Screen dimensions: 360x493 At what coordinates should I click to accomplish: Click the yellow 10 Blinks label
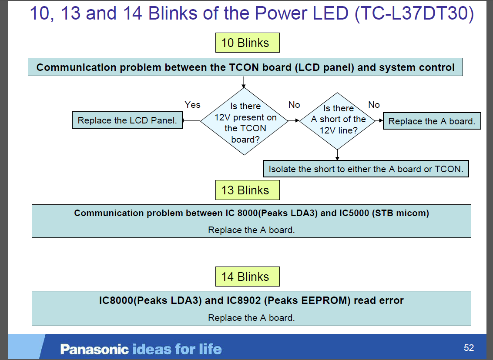pyautogui.click(x=247, y=43)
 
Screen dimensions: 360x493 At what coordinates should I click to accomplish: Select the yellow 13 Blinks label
pyautogui.click(x=247, y=190)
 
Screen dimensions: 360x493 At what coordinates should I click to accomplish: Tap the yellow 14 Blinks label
pyautogui.click(x=247, y=277)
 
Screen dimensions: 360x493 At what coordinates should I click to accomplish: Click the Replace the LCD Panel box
pyautogui.click(x=127, y=120)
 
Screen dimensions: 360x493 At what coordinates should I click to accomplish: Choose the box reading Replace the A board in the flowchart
pyautogui.click(x=431, y=121)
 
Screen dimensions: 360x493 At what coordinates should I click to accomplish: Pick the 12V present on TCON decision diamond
pyautogui.click(x=245, y=122)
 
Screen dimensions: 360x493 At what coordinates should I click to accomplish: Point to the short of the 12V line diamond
pyautogui.click(x=338, y=120)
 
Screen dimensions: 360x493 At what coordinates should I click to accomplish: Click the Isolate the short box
pyautogui.click(x=366, y=169)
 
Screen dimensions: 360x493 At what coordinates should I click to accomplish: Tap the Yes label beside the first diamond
pyautogui.click(x=192, y=105)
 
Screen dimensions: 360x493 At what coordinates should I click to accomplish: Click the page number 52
pyautogui.click(x=469, y=348)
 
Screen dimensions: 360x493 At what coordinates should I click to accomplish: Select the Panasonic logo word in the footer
pyautogui.click(x=94, y=349)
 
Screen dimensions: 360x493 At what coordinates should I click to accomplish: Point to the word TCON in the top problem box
pyautogui.click(x=244, y=68)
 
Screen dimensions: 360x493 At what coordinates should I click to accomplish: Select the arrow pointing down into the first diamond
pyautogui.click(x=243, y=83)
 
